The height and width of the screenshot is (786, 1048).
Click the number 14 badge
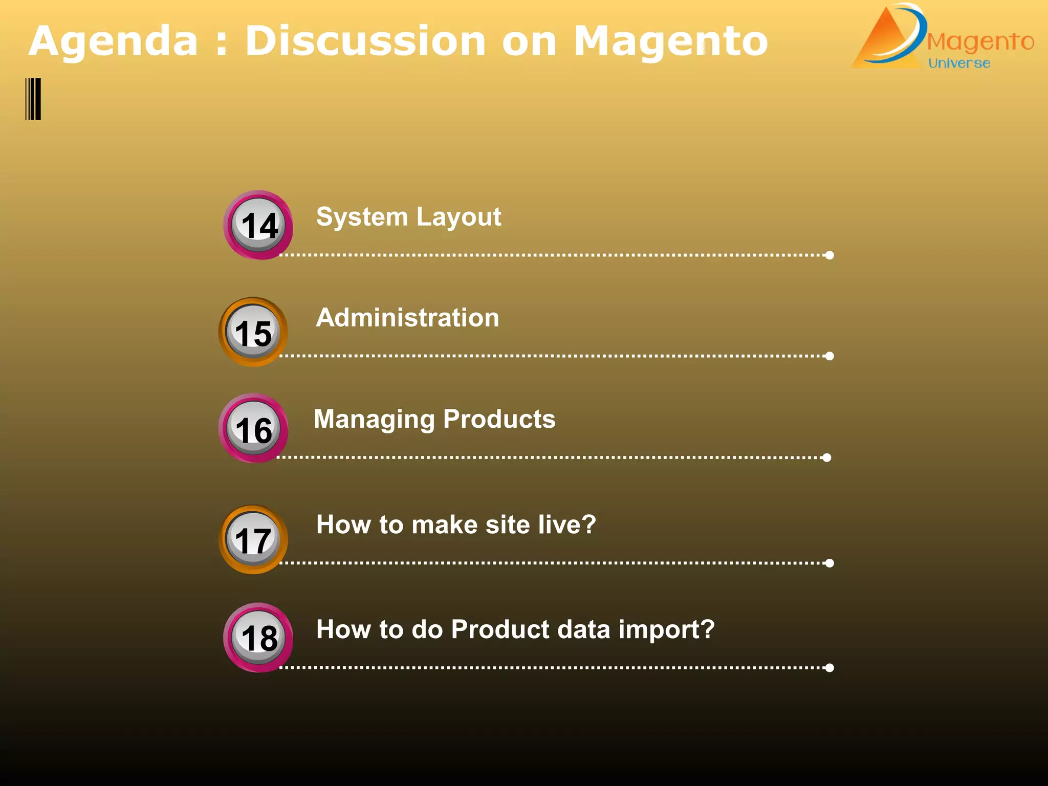(258, 225)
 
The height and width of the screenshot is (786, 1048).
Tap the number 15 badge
(253, 332)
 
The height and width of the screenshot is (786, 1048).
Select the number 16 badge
(253, 428)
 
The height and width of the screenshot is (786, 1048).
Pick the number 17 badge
(253, 539)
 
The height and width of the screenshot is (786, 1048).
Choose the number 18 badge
(258, 638)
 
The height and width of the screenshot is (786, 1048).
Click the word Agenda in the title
(113, 42)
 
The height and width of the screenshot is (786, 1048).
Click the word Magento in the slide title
(670, 42)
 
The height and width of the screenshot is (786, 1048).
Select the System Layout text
(408, 217)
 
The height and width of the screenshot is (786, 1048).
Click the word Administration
(407, 318)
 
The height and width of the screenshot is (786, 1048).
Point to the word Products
(499, 419)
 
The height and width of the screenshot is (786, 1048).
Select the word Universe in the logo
(959, 63)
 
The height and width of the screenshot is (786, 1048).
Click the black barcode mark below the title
(33, 99)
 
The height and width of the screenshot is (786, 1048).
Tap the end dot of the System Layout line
(829, 255)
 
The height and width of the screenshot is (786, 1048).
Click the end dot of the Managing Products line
(826, 457)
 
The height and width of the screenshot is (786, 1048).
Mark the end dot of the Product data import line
(829, 668)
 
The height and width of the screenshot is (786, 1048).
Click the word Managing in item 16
(374, 420)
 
